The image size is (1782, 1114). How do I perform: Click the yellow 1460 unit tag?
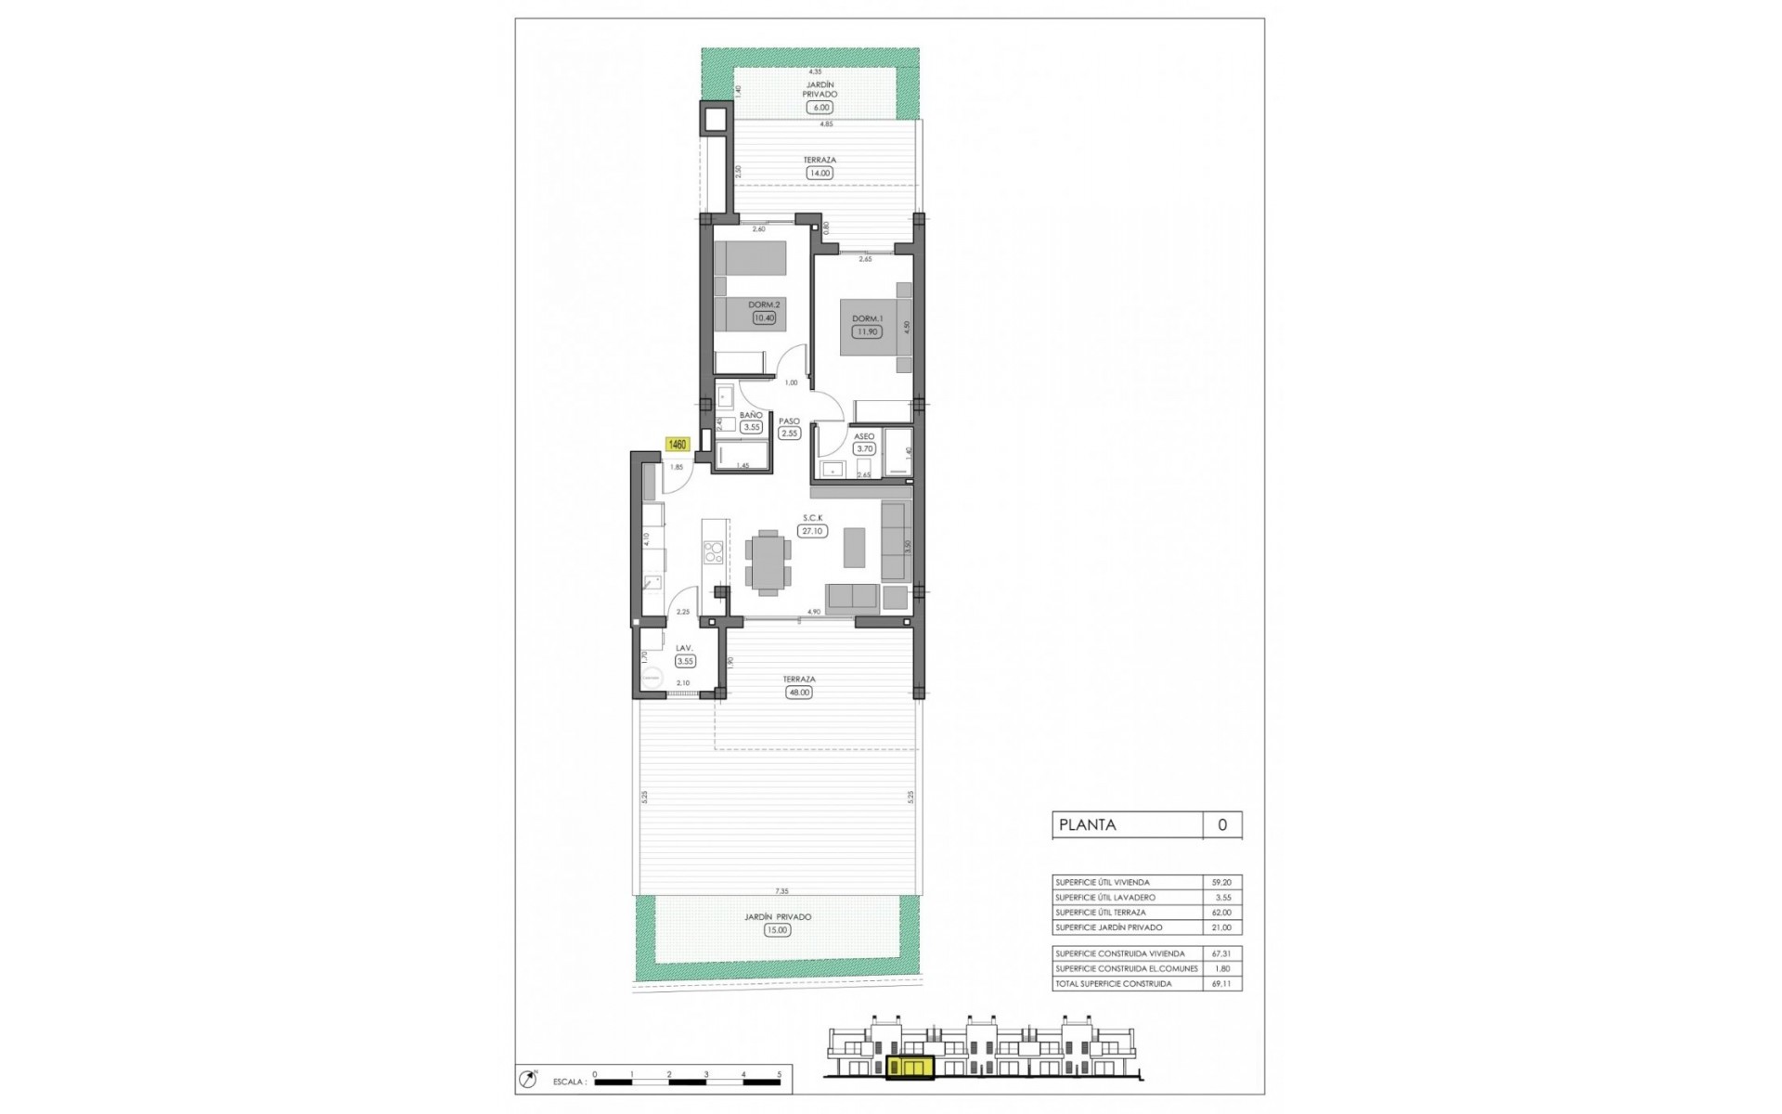click(x=678, y=445)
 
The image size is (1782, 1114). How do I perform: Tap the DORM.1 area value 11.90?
click(x=867, y=331)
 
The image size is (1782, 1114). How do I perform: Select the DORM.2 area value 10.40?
click(x=764, y=317)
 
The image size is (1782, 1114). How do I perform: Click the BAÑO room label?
click(x=751, y=415)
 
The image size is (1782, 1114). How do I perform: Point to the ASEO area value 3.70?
click(x=864, y=448)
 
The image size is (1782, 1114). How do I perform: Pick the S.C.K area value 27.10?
click(x=811, y=531)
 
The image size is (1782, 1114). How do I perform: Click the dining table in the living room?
click(x=768, y=562)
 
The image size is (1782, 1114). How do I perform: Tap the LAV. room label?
click(x=685, y=648)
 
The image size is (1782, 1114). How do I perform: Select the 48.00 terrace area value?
click(x=798, y=693)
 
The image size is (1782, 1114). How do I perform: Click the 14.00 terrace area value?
click(x=819, y=173)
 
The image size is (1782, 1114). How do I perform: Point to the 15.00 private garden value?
click(x=778, y=930)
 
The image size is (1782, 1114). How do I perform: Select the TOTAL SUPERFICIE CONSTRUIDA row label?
click(x=1113, y=983)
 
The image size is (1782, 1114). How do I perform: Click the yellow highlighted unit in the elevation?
click(x=908, y=1070)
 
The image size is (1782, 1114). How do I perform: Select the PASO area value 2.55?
click(x=790, y=433)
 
